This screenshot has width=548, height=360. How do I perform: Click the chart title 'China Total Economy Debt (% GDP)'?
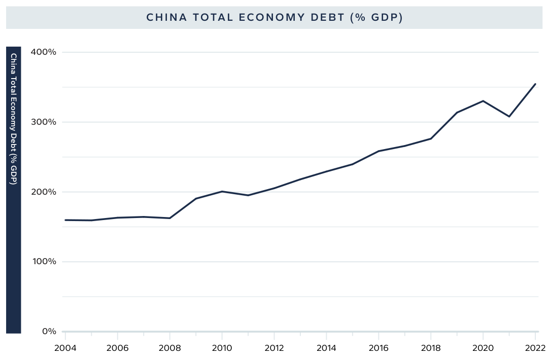click(x=274, y=17)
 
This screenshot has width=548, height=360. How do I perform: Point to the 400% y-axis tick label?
click(x=45, y=52)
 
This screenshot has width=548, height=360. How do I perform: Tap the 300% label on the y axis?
click(x=45, y=122)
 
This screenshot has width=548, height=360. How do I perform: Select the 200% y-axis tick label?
click(x=45, y=192)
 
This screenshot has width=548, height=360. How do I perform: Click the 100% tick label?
click(x=45, y=262)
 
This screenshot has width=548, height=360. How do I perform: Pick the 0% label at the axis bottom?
click(x=49, y=332)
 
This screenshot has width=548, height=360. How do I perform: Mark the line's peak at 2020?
click(x=483, y=101)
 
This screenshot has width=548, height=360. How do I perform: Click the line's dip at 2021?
click(x=509, y=117)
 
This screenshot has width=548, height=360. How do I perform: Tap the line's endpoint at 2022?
click(x=535, y=84)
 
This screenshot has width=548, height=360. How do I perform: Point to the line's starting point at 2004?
click(x=65, y=220)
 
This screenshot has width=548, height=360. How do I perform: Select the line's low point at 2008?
click(x=169, y=218)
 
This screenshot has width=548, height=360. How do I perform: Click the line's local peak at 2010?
click(x=222, y=191)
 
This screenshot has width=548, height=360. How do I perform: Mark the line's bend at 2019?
click(x=457, y=113)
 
